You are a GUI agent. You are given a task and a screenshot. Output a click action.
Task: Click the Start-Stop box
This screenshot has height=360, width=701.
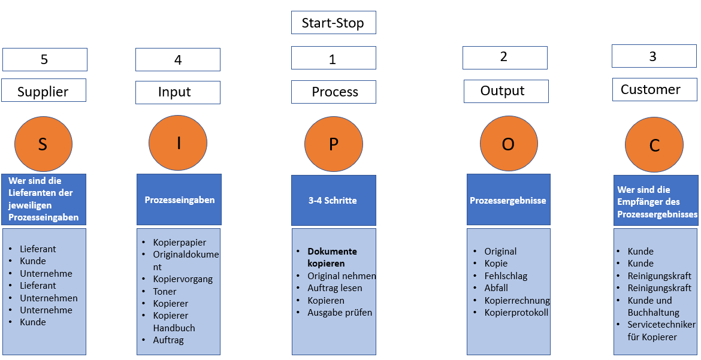click(334, 22)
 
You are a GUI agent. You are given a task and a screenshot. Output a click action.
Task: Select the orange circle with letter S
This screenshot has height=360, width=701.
click(43, 144)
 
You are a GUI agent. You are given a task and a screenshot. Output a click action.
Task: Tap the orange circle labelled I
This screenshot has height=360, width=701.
click(178, 143)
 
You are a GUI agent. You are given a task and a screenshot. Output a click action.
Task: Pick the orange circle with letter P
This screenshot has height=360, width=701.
click(334, 144)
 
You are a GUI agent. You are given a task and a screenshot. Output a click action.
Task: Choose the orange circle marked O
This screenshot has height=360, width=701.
click(509, 144)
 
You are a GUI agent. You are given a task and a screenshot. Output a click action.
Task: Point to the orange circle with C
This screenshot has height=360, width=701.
click(654, 144)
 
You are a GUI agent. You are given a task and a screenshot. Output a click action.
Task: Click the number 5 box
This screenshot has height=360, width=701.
click(45, 59)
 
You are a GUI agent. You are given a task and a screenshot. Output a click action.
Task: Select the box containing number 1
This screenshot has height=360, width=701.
click(334, 58)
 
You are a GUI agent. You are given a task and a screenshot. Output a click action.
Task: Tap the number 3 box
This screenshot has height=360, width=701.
click(654, 56)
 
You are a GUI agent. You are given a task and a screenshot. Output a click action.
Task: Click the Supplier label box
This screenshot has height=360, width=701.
click(44, 90)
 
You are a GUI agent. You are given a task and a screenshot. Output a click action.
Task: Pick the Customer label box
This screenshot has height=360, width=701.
click(654, 89)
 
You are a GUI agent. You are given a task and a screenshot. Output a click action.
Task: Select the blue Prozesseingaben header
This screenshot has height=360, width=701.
click(179, 199)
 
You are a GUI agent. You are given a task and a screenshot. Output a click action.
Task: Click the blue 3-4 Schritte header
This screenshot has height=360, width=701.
click(334, 200)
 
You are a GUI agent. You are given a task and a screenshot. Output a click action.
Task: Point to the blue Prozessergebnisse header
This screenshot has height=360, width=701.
click(509, 199)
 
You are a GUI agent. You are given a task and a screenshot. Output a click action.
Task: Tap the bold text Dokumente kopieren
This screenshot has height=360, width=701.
click(332, 257)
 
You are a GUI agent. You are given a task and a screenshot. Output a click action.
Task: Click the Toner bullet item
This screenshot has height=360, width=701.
click(165, 291)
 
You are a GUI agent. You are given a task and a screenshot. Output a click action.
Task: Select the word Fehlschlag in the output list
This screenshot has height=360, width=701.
click(506, 276)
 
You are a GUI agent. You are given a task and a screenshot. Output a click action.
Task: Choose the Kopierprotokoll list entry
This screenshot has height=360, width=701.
click(516, 313)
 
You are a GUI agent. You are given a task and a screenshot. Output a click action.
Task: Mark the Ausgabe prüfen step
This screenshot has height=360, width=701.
click(340, 313)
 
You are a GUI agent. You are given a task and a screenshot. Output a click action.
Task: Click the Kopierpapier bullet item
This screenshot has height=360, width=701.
click(180, 243)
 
